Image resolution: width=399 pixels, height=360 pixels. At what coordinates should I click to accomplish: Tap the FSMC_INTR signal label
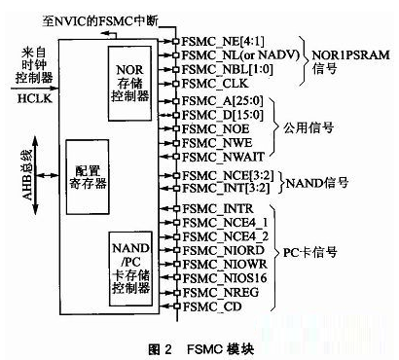click(208, 209)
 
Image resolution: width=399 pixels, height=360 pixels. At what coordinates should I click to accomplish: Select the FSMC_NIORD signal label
click(212, 250)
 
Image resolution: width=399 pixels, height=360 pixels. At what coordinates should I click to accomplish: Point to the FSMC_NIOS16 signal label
click(215, 278)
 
